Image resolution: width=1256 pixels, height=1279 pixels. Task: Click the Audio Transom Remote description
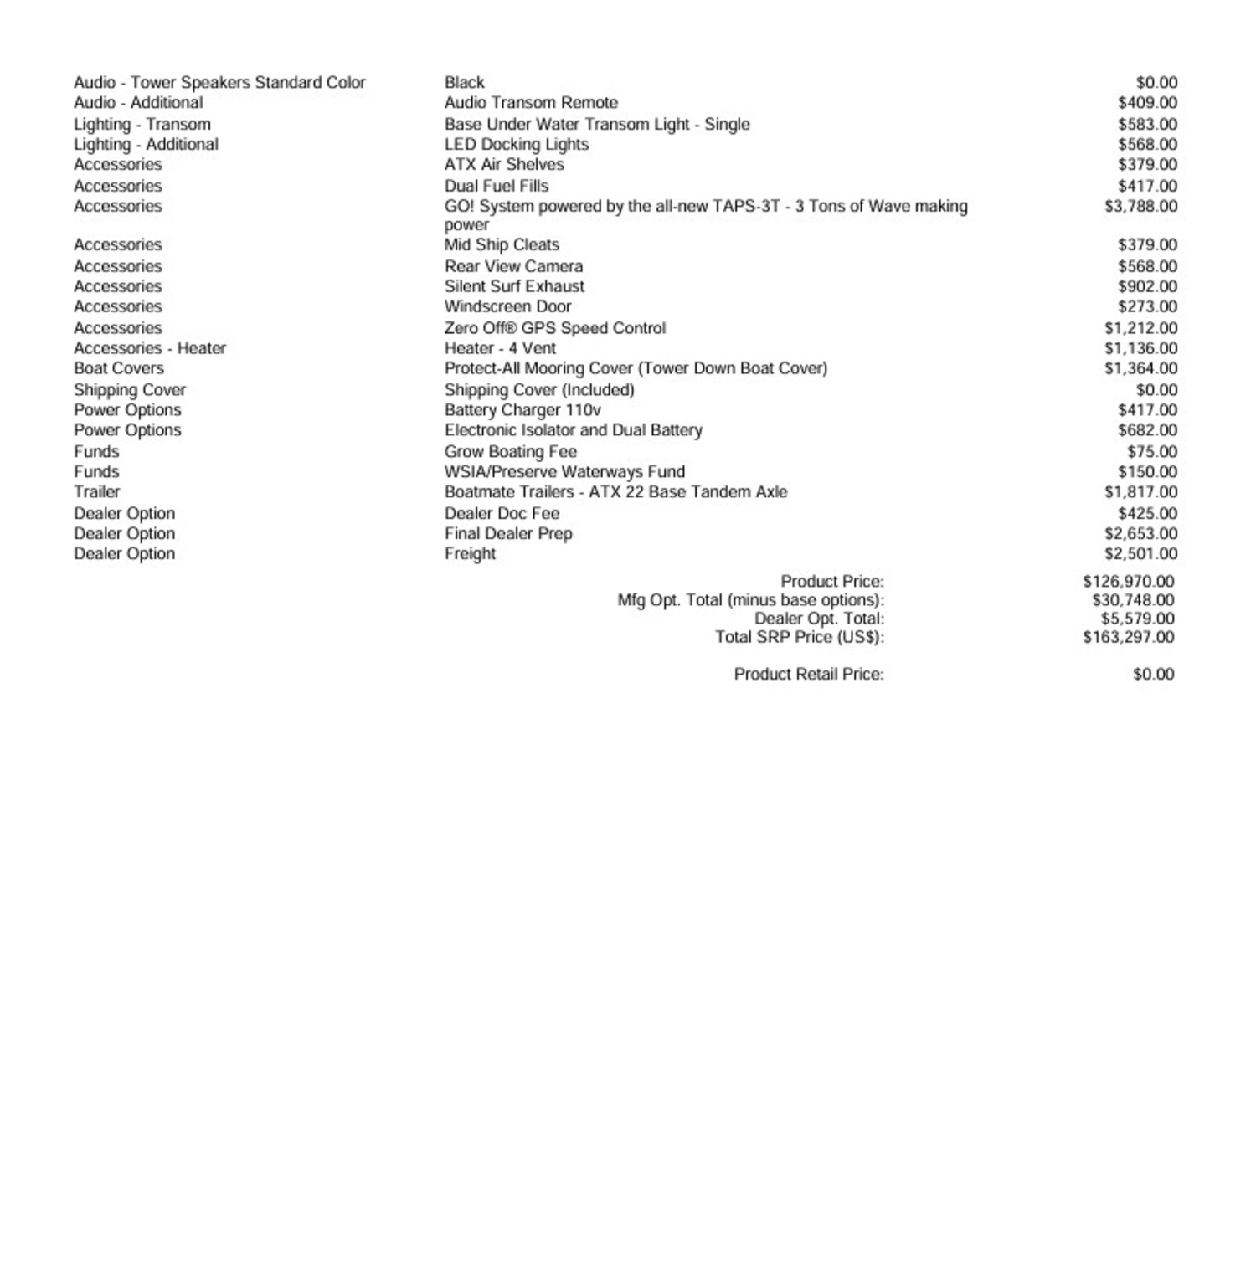pyautogui.click(x=531, y=103)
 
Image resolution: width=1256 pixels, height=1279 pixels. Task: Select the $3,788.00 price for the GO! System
pyautogui.click(x=1140, y=207)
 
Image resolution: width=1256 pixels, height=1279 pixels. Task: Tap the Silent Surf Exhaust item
pyautogui.click(x=514, y=286)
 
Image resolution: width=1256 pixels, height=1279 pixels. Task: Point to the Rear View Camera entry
pyautogui.click(x=513, y=266)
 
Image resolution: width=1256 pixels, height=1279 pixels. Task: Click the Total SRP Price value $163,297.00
pyautogui.click(x=1128, y=638)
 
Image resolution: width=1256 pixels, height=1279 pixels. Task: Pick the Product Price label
pyautogui.click(x=831, y=582)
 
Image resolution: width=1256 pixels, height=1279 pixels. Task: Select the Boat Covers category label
pyautogui.click(x=119, y=369)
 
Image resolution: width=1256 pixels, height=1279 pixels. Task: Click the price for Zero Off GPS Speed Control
pyautogui.click(x=1140, y=328)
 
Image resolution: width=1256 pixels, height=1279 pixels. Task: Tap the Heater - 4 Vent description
pyautogui.click(x=500, y=348)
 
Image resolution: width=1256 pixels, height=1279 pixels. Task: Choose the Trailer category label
pyautogui.click(x=97, y=492)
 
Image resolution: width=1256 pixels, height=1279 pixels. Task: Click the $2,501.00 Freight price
pyautogui.click(x=1140, y=554)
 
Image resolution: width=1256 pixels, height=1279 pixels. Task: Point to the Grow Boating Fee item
pyautogui.click(x=510, y=452)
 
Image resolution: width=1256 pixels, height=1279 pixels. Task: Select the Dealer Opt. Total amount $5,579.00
pyautogui.click(x=1137, y=619)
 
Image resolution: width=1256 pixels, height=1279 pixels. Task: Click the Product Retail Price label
pyautogui.click(x=808, y=675)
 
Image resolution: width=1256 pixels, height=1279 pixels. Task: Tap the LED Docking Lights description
pyautogui.click(x=517, y=145)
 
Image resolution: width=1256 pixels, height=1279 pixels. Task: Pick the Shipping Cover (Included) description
pyautogui.click(x=539, y=390)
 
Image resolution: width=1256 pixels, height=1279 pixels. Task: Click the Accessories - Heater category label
pyautogui.click(x=150, y=348)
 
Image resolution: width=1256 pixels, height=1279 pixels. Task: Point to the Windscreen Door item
pyautogui.click(x=507, y=307)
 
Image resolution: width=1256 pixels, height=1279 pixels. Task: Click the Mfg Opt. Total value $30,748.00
pyautogui.click(x=1133, y=601)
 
